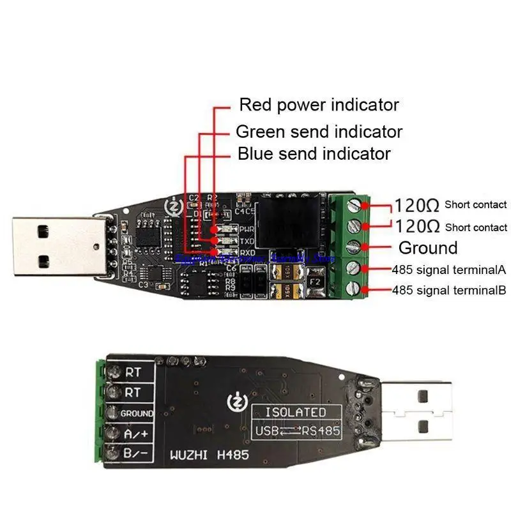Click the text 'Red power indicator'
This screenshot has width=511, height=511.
[318, 105]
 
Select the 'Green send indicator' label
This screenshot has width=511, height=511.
[319, 132]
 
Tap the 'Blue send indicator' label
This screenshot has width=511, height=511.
[314, 154]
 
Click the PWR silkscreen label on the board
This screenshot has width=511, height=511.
[247, 228]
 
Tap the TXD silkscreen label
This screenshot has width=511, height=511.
[247, 241]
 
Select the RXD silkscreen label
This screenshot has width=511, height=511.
[247, 253]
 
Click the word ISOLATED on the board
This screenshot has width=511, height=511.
[295, 412]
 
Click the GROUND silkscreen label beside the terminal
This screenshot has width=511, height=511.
[137, 413]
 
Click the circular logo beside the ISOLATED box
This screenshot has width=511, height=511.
[236, 404]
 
